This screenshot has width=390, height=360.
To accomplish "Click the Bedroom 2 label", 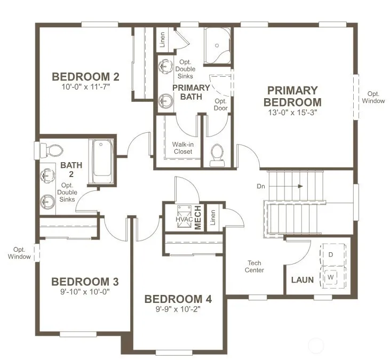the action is point(85,77).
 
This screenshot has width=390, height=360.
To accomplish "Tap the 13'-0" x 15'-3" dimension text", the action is point(292,113).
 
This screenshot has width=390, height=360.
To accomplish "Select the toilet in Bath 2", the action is point(52,150).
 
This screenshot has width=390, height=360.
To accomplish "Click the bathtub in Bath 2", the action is point(101,161).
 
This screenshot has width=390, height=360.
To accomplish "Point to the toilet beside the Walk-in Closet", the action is point(217,156).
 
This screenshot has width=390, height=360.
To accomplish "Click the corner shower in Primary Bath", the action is point(217,45).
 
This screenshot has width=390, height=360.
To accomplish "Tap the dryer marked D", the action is point(332,254).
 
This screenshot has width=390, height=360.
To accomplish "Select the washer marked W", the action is point(332,277).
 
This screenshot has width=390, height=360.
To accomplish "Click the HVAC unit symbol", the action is point(184,217).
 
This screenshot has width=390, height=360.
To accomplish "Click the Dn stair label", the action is point(261,186).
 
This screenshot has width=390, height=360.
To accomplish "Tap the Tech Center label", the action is point(254,267).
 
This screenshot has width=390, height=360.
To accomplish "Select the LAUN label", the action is point(303,280).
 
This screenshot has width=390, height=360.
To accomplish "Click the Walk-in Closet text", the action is point(183,148).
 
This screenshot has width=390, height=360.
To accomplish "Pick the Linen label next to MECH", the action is point(213,218).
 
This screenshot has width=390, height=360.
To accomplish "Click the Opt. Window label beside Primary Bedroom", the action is point(373,97).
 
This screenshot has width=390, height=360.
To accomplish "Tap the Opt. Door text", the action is point(221,105).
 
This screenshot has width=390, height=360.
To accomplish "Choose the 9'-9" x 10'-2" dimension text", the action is point(178,309).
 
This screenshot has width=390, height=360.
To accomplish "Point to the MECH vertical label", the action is point(198,218).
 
